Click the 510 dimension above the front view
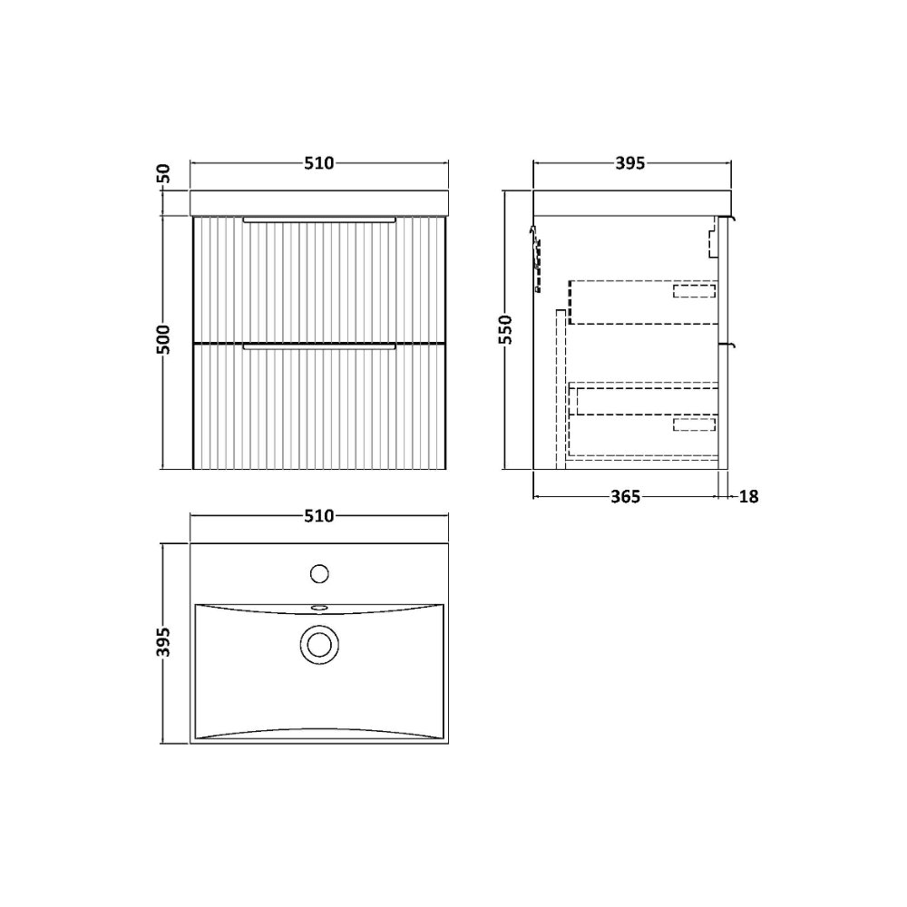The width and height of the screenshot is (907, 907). coord(319,163)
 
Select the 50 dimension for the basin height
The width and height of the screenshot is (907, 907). coord(164,173)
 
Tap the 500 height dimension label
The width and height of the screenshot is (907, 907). coord(164,339)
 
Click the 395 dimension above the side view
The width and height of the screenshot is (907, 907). coord(629,163)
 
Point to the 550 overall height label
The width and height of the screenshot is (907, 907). coord(506,330)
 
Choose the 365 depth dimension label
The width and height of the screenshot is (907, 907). coord(626,497)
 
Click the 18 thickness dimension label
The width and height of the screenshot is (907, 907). coord(748,497)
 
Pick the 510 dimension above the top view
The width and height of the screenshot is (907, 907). coord(319,516)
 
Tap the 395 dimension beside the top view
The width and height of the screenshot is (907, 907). coord(164,642)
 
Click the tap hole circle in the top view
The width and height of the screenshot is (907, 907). coord(319,574)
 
